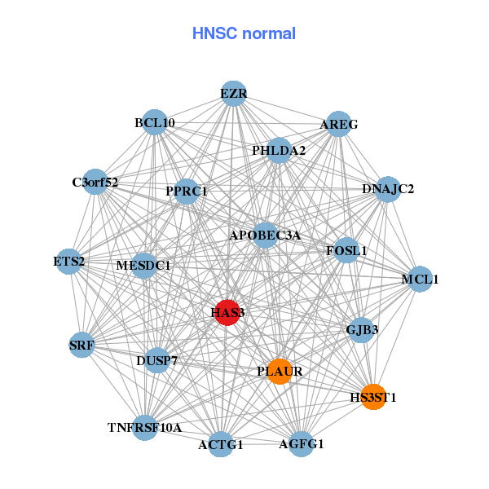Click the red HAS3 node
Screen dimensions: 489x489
(x=227, y=313)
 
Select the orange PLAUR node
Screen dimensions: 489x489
(x=280, y=372)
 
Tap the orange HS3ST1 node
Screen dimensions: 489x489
(x=372, y=397)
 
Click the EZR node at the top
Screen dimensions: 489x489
(x=234, y=94)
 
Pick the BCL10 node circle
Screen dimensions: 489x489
(x=154, y=123)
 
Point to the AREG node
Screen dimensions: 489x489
(x=338, y=125)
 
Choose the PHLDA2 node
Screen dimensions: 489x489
(x=279, y=151)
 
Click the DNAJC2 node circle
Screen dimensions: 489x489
(x=388, y=189)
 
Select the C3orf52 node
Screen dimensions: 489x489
(x=95, y=183)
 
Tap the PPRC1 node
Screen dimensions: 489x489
(x=187, y=192)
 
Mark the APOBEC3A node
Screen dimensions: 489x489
(x=265, y=235)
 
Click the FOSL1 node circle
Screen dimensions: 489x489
(x=346, y=250)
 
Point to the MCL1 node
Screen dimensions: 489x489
(x=420, y=280)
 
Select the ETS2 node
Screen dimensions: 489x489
(x=69, y=262)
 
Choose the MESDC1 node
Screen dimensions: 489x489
(x=143, y=266)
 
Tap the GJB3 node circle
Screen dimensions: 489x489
(x=361, y=330)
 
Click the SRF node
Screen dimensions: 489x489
(x=82, y=345)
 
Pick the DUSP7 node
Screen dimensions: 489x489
(x=158, y=359)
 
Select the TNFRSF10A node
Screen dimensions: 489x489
(x=144, y=427)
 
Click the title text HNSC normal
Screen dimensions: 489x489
(x=244, y=33)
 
